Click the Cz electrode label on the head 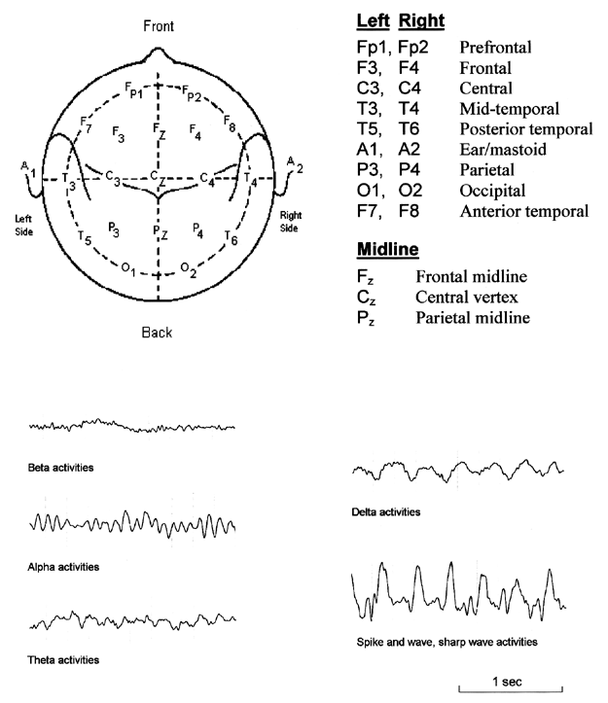pos(158,178)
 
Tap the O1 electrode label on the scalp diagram pos(128,269)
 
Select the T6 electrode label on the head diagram pos(232,237)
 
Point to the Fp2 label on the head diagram pos(192,93)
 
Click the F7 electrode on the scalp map pos(86,124)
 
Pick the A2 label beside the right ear pos(295,164)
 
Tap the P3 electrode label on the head pos(114,229)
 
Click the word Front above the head pos(159,26)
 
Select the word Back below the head pos(157,333)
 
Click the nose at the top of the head pos(158,53)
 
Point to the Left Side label pos(23,225)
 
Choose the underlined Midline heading pos(388,249)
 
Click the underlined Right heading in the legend pos(421,20)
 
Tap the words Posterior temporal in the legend pos(526,129)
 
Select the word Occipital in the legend pos(492,191)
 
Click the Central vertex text pos(467,297)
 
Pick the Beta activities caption pos(60,468)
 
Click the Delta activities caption pos(386,512)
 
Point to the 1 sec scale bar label pos(507,682)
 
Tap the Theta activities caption pos(63,660)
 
